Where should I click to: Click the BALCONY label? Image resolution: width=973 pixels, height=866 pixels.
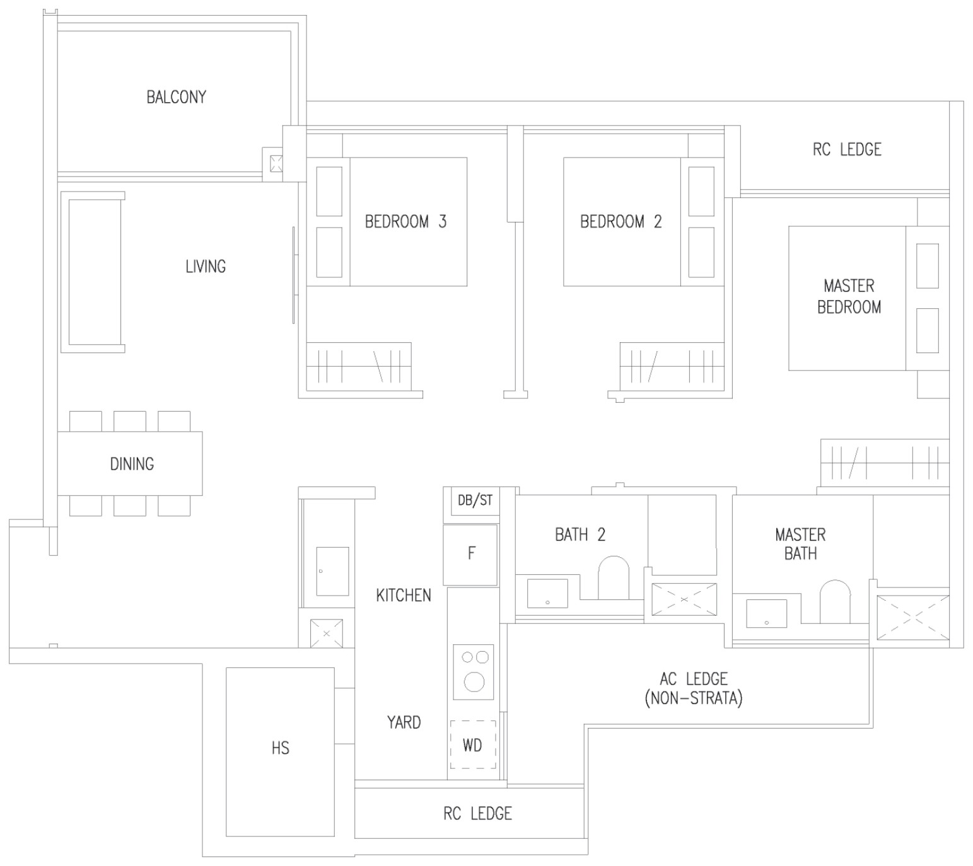[177, 97]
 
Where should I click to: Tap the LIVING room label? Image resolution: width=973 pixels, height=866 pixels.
[206, 267]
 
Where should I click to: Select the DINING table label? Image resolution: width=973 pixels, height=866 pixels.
[132, 464]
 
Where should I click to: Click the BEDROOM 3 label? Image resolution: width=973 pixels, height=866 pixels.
[406, 221]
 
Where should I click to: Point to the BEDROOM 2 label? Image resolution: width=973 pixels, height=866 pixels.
[621, 221]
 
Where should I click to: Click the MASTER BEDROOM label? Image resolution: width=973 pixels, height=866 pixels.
[849, 296]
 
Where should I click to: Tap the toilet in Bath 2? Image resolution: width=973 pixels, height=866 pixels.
[614, 577]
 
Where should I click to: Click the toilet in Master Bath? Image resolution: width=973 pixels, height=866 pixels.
[835, 601]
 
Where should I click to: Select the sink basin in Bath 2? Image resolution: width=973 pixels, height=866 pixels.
[547, 593]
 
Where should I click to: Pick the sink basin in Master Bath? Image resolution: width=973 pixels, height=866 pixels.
[767, 613]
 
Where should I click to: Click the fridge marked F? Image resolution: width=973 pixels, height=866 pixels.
[470, 555]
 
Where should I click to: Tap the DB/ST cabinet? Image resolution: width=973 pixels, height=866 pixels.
[475, 500]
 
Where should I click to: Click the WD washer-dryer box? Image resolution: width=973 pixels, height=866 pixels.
[472, 744]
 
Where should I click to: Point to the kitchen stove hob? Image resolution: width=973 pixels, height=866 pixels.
[474, 672]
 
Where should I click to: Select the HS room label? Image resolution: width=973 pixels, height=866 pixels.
[281, 748]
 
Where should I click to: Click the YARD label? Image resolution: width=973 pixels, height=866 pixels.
[404, 722]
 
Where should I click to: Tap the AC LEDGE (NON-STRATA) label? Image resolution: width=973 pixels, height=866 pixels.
[694, 688]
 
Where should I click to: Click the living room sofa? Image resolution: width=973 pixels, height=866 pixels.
[93, 272]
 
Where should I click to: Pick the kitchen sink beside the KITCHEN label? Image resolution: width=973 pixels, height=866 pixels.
[332, 571]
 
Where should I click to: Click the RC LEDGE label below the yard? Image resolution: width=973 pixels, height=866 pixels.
[477, 813]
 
